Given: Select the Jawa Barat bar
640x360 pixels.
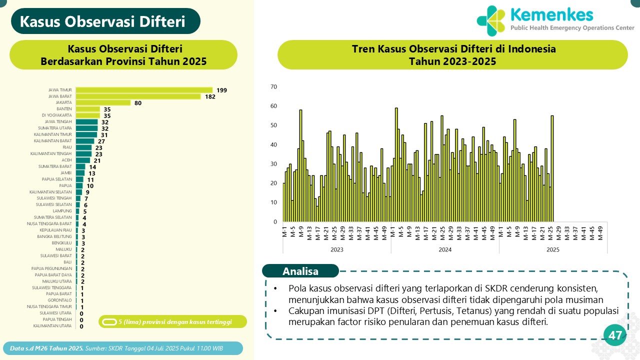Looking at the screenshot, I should pyautogui.click(x=138, y=96).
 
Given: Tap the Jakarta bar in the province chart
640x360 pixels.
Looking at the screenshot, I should pyautogui.click(x=103, y=103).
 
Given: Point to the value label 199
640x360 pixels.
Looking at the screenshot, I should pyautogui.click(x=221, y=90).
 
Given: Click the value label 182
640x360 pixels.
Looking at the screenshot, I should pyautogui.click(x=210, y=96).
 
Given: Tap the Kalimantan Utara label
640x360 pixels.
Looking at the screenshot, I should pyautogui.click(x=52, y=326).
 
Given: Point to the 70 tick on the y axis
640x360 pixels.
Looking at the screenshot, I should pyautogui.click(x=273, y=87).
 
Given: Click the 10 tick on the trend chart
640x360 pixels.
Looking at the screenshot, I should pyautogui.click(x=273, y=202).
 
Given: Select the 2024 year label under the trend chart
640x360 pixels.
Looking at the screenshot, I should pyautogui.click(x=445, y=249).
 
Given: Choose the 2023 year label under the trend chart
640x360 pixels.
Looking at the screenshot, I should pyautogui.click(x=337, y=249).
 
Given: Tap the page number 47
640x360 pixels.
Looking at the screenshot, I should pyautogui.click(x=615, y=335).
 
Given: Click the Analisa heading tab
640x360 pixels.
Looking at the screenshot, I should pyautogui.click(x=300, y=271).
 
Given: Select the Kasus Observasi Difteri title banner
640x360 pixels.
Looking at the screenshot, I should pyautogui.click(x=103, y=21).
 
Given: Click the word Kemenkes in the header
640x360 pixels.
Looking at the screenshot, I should pyautogui.click(x=551, y=14).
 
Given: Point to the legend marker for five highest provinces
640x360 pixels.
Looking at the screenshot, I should pyautogui.click(x=108, y=321).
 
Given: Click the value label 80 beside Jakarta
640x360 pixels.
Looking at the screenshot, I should pyautogui.click(x=137, y=103).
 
